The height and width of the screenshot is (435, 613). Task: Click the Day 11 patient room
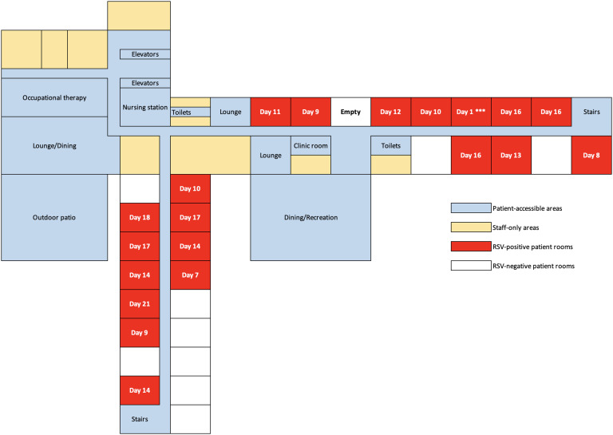pyautogui.click(x=271, y=113)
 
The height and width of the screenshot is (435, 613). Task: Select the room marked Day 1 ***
pyautogui.click(x=471, y=113)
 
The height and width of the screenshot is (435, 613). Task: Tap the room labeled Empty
pyautogui.click(x=350, y=113)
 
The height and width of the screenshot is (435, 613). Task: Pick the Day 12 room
pyautogui.click(x=390, y=113)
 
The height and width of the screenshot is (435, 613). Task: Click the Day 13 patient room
pyautogui.click(x=511, y=155)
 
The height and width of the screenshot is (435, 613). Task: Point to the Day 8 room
pyautogui.click(x=591, y=155)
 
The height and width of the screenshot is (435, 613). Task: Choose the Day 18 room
pyautogui.click(x=140, y=217)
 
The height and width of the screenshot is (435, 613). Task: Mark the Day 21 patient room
pyautogui.click(x=140, y=303)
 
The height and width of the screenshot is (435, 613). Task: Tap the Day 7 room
pyautogui.click(x=190, y=275)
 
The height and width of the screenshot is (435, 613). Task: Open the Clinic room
pyautogui.click(x=310, y=145)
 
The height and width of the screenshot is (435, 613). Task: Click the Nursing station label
pyautogui.click(x=144, y=105)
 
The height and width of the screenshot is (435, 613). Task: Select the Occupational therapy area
pyautogui.click(x=54, y=97)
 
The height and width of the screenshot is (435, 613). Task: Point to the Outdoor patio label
pyautogui.click(x=54, y=217)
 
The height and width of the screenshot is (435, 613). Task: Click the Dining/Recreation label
pyautogui.click(x=310, y=217)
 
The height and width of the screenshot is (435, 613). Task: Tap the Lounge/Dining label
pyautogui.click(x=54, y=145)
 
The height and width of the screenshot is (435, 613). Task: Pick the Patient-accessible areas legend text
pyautogui.click(x=524, y=208)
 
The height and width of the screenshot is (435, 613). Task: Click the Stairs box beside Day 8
pyautogui.click(x=591, y=113)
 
